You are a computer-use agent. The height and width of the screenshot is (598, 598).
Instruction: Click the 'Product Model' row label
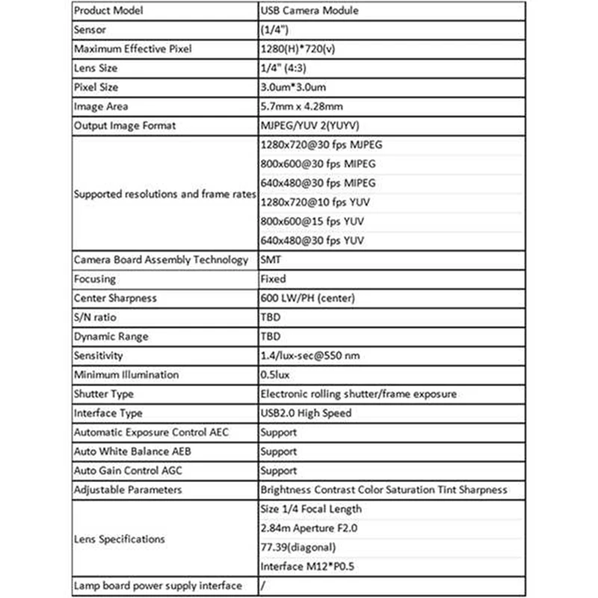pyautogui.click(x=108, y=11)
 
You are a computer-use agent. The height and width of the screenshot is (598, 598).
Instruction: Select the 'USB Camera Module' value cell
pyautogui.click(x=307, y=11)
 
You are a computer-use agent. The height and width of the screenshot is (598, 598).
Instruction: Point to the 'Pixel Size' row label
pyautogui.click(x=96, y=87)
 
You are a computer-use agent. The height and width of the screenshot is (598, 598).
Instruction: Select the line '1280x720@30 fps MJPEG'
pyautogui.click(x=321, y=145)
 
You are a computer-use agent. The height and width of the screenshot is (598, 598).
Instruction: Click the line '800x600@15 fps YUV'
pyautogui.click(x=312, y=221)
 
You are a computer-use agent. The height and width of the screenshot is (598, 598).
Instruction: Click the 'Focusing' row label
pyautogui.click(x=95, y=279)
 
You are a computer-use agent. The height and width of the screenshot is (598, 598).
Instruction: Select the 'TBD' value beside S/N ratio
pyautogui.click(x=270, y=318)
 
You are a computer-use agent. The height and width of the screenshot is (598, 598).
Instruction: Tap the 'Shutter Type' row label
pyautogui.click(x=104, y=394)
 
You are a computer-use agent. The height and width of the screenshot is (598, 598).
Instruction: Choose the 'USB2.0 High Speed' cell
pyautogui.click(x=305, y=413)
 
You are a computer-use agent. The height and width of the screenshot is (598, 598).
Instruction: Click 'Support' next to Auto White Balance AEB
pyautogui.click(x=278, y=451)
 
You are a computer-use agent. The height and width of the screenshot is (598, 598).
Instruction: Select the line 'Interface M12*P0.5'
pyautogui.click(x=306, y=566)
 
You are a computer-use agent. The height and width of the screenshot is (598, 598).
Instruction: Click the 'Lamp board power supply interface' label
pyautogui.click(x=157, y=585)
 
